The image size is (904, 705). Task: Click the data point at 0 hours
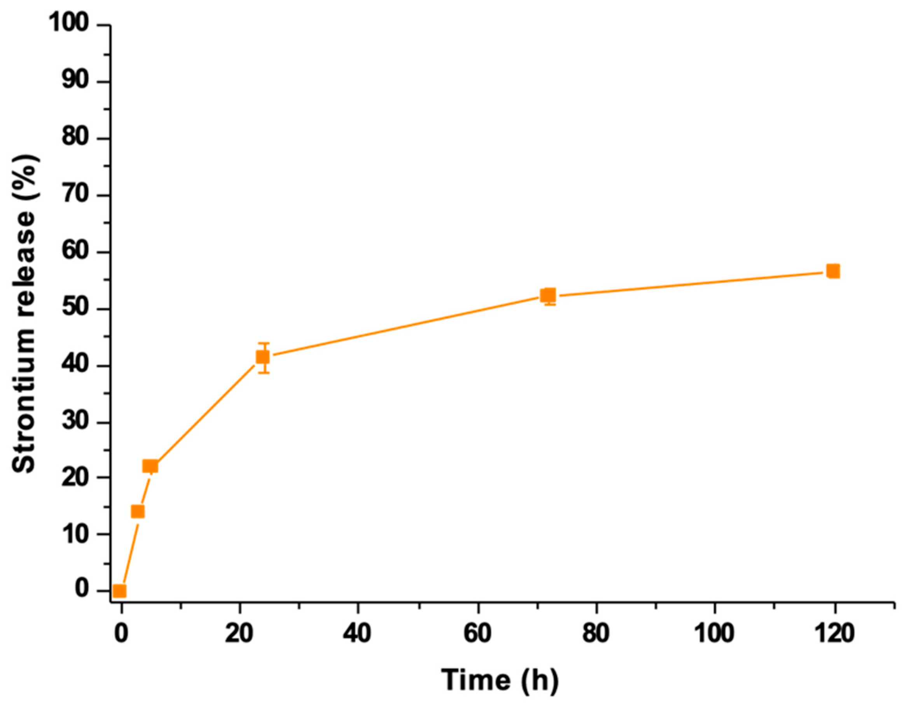click(120, 591)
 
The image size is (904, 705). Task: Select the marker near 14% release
click(137, 512)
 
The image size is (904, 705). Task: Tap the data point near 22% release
click(150, 466)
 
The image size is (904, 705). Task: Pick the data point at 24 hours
click(263, 357)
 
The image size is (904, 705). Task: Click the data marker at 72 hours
click(549, 295)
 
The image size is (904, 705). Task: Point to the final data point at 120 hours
click(833, 271)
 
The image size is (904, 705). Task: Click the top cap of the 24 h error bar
click(264, 343)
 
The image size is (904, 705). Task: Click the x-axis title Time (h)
click(500, 680)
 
